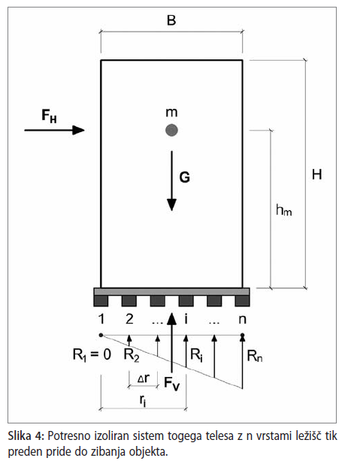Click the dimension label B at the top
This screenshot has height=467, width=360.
[x=171, y=20]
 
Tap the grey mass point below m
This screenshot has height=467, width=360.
[x=171, y=130]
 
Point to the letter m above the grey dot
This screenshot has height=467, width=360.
[x=171, y=113]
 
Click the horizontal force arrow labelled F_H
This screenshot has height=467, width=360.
[x=55, y=130]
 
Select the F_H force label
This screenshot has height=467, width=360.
[x=49, y=116]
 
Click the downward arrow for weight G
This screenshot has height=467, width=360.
[x=171, y=181]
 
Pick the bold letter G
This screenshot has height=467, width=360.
[x=184, y=177]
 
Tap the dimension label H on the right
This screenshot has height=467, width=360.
[x=317, y=174]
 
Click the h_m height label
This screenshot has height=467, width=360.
[x=283, y=210]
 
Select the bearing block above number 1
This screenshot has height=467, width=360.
[x=101, y=301]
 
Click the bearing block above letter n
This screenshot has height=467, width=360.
[x=242, y=301]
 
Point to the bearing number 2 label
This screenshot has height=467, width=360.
[x=129, y=319]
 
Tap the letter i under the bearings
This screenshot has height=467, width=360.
[x=186, y=319]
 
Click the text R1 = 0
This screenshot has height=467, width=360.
[x=92, y=355]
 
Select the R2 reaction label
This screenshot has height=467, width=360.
[x=132, y=355]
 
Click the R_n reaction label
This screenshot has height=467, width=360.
[x=255, y=356]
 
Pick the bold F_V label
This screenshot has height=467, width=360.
[x=172, y=384]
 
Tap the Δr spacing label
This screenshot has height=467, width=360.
[x=144, y=378]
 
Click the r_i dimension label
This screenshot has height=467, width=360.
[x=143, y=401]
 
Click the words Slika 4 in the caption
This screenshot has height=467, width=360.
[x=26, y=435]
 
